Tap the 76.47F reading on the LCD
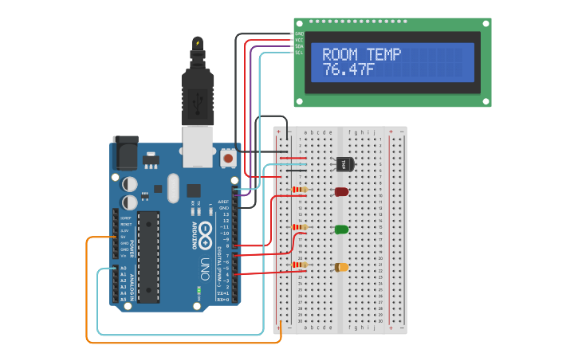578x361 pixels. tap(348, 70)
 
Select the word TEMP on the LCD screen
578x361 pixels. tap(383, 55)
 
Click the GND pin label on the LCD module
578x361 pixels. tap(299, 33)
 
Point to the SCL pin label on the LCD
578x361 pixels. tap(299, 53)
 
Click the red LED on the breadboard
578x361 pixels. tap(341, 191)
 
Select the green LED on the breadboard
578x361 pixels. tap(341, 230)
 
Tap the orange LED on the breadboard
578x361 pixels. tap(341, 267)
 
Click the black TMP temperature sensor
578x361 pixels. tap(344, 164)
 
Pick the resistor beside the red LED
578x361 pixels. tap(300, 190)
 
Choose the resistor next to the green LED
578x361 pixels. tap(300, 227)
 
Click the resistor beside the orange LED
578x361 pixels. tap(300, 265)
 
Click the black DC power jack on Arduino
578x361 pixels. tap(124, 152)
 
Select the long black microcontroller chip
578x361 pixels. tap(147, 257)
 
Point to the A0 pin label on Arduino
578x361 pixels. tap(122, 269)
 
